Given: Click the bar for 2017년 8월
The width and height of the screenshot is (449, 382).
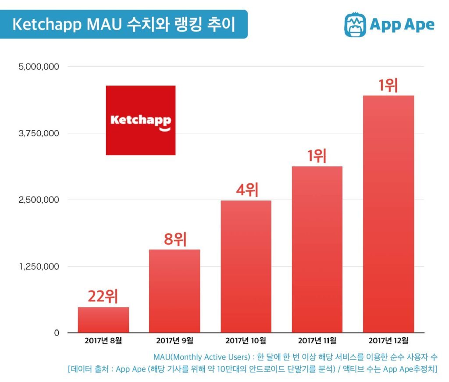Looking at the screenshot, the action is click(x=103, y=320).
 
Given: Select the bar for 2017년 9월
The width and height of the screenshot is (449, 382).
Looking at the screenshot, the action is click(x=175, y=291).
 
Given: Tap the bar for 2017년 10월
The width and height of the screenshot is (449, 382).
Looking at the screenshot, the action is click(x=246, y=267).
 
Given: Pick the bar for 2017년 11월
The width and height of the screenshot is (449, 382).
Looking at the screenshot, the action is click(x=317, y=250).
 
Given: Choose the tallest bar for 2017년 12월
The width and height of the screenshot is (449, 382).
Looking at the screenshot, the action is click(x=388, y=214).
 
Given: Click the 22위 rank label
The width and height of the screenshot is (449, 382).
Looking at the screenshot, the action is click(x=103, y=296).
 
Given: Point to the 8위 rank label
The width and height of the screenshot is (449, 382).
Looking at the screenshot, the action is click(x=175, y=239).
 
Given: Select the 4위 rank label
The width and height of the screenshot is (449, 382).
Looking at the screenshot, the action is click(x=247, y=189).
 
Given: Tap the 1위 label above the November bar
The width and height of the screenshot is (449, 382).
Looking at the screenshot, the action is click(x=317, y=156).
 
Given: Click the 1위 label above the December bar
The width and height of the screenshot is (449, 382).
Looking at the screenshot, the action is click(x=388, y=85).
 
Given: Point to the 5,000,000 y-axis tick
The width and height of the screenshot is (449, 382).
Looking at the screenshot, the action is click(x=39, y=67).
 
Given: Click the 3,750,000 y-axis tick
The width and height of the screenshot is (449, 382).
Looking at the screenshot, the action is click(x=39, y=133).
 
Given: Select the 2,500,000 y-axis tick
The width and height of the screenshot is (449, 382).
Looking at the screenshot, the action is click(x=39, y=200).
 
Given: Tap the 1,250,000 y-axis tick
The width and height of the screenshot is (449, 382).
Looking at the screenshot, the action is click(x=39, y=267).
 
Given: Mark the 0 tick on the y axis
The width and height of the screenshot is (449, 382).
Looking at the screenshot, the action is click(x=57, y=333).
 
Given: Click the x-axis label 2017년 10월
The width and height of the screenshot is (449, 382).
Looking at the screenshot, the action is click(x=246, y=340).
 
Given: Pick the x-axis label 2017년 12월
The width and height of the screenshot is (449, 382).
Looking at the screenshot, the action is click(x=388, y=340).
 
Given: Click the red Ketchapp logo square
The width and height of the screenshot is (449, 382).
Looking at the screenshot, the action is click(x=141, y=120).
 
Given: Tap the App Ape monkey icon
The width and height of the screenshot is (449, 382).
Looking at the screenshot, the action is click(x=355, y=25).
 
